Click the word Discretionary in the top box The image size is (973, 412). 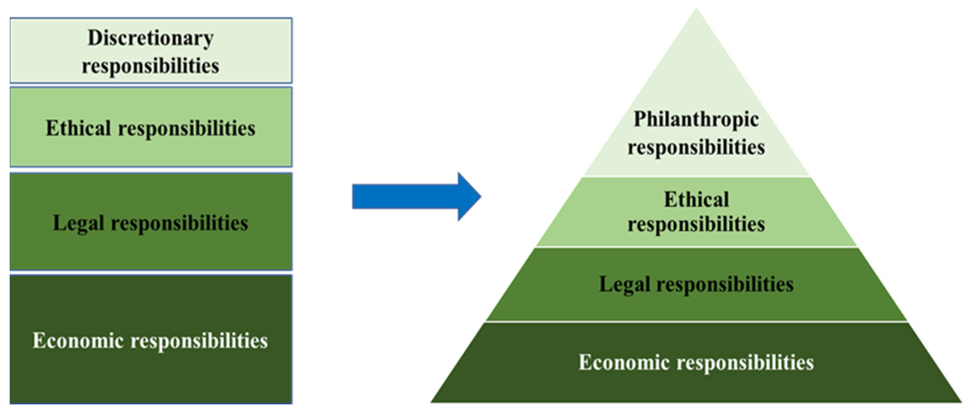tap(150, 38)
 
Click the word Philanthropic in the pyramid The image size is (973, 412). tap(696, 120)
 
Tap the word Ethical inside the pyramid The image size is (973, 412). tap(696, 199)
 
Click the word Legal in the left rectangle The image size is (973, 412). tap(78, 223)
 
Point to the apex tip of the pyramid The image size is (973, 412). tap(696, 10)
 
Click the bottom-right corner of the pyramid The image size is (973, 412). tap(960, 402)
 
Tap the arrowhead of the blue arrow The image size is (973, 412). tap(468, 197)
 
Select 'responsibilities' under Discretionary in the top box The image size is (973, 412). tap(150, 66)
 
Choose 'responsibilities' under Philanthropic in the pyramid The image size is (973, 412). tap(696, 147)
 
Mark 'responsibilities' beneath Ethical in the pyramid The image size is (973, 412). tap(696, 224)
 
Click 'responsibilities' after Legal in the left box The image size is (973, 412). tap(179, 223)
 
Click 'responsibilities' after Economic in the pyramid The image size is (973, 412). tap(745, 362)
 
